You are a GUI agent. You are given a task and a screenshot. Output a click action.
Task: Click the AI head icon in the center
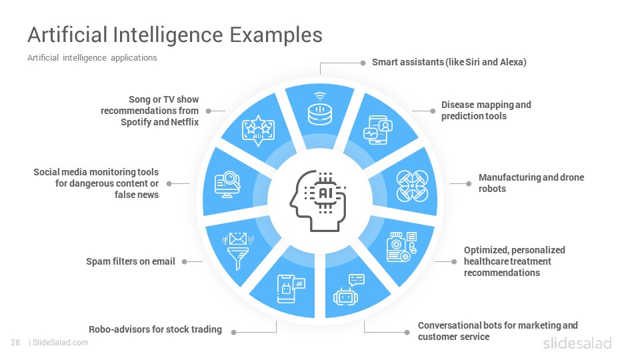click(x=319, y=201)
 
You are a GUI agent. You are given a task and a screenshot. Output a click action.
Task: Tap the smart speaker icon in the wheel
click(x=320, y=109)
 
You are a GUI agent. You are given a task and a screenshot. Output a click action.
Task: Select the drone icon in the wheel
click(x=412, y=186)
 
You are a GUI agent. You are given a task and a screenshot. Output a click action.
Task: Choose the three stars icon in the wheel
click(x=258, y=130)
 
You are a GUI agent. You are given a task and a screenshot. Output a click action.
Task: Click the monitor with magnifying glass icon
click(x=227, y=185)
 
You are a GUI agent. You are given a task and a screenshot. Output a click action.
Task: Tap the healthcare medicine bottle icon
click(x=402, y=247)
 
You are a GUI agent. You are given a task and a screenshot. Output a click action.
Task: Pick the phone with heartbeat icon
click(x=378, y=130)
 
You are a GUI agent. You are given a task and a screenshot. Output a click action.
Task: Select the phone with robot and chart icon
click(x=291, y=289)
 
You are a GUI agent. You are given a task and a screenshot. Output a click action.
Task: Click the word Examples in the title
click(x=276, y=35)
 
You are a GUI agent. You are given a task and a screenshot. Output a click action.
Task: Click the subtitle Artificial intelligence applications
click(x=92, y=58)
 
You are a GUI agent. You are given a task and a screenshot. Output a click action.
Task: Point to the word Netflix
click(x=185, y=122)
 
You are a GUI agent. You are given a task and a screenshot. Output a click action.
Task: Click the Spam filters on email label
click(x=131, y=261)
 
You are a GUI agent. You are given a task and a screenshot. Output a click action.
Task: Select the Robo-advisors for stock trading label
click(x=155, y=329)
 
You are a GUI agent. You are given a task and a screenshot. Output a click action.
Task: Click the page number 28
click(x=15, y=343)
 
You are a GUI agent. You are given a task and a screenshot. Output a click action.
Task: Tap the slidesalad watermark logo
click(x=577, y=343)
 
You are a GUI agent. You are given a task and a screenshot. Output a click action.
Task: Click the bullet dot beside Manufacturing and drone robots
click(x=469, y=184)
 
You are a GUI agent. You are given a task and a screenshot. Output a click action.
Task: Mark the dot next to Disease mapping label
click(x=433, y=111)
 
